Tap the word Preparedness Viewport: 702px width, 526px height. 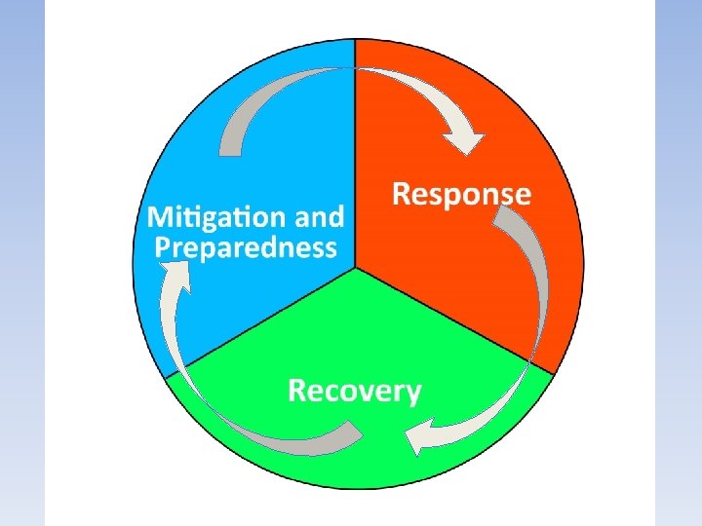[246, 246]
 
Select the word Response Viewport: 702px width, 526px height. [461, 194]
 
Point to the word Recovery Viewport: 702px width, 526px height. [355, 392]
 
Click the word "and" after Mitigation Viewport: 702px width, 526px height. [321, 215]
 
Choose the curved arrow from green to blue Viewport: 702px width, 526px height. [244, 429]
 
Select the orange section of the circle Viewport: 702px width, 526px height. [458, 273]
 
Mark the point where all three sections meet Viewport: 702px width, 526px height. [355, 266]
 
